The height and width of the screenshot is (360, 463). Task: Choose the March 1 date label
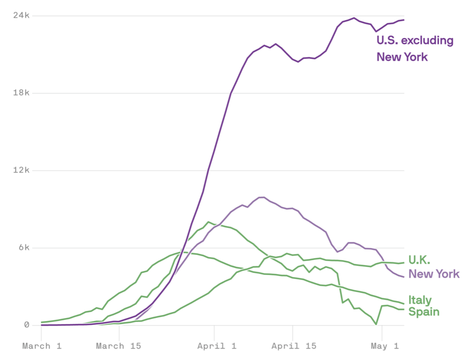[x=42, y=346]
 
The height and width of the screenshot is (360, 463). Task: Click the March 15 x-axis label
[x=119, y=346]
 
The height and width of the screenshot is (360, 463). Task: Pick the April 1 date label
[x=214, y=346]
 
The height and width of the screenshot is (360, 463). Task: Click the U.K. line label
[x=419, y=260]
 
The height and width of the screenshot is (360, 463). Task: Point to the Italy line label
[x=420, y=300]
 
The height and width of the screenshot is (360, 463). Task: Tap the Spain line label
[x=424, y=312]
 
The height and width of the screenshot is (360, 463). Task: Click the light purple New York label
[x=434, y=274]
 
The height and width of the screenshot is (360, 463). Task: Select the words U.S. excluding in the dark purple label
[x=415, y=41]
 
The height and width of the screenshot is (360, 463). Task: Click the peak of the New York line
[x=261, y=197]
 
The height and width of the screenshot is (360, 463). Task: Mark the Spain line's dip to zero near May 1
[x=376, y=324]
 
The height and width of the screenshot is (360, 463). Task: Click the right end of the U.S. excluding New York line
[x=403, y=20]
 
